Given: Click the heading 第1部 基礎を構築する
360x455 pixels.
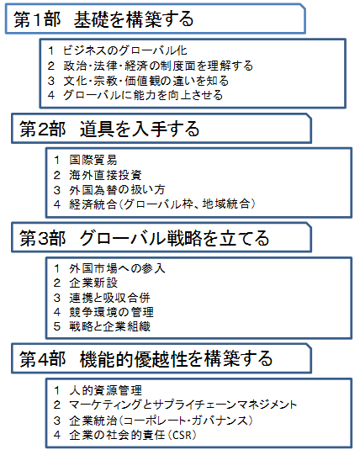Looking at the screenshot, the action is tap(103, 19).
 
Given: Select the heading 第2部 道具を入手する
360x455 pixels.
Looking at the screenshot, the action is tap(109, 129).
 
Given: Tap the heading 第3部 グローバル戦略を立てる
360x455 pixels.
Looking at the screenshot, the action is tap(145, 238).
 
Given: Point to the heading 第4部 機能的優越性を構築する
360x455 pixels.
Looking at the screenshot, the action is tap(146, 358).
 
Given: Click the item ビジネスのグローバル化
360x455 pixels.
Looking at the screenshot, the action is tap(125, 50).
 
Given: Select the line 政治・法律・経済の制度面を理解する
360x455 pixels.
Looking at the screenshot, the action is tap(158, 66).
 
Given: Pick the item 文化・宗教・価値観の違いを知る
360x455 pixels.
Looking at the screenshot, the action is tap(146, 81).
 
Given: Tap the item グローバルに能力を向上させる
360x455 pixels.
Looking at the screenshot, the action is tap(143, 95).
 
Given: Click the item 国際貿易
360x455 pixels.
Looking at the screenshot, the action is tap(93, 160).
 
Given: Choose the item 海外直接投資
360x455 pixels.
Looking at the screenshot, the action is tap(105, 175).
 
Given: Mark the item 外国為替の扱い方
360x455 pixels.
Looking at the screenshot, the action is tap(117, 190).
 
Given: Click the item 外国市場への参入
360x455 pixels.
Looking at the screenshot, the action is tap(117, 268).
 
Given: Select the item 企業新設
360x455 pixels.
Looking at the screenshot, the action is tap(93, 283).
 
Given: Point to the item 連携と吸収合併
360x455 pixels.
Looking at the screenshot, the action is tap(109, 298).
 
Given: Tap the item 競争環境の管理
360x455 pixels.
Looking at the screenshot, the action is tap(112, 312).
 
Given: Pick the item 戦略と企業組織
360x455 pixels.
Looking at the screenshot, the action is tap(109, 326).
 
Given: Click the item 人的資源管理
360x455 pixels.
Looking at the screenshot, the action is tap(105, 390).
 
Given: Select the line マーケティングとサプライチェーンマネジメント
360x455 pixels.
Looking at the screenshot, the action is tap(183, 405).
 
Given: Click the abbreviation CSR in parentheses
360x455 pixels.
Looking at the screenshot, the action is tap(182, 435).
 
